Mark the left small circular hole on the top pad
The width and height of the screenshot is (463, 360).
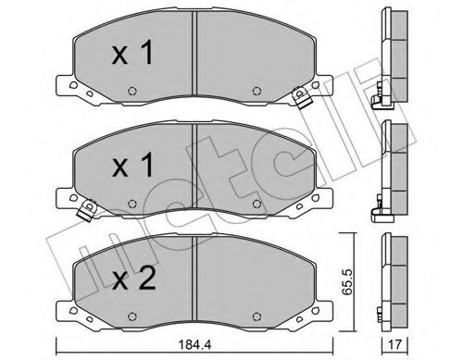coord(131,90)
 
